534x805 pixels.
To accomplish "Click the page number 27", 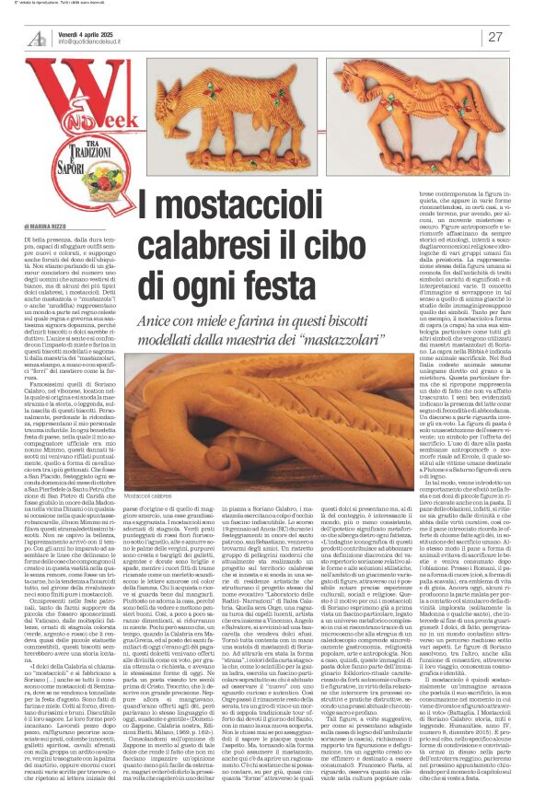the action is point(496,37).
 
